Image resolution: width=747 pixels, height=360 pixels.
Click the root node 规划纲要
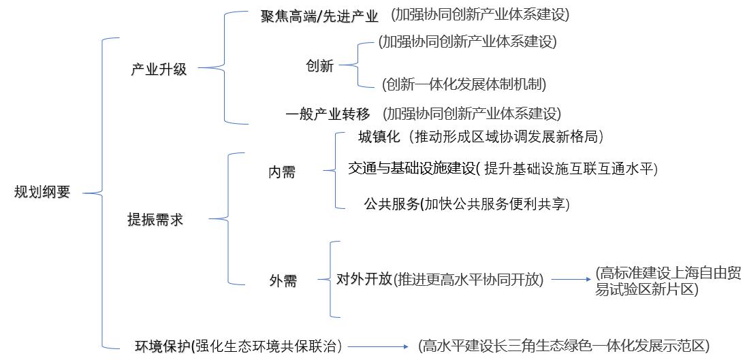(x=42, y=193)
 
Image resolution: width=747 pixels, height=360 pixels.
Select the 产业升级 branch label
(x=159, y=69)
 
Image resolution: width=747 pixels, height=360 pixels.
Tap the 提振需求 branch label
(x=155, y=220)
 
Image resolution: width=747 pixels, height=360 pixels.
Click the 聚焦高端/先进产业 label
(x=319, y=16)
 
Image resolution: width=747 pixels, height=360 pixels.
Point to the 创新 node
(x=320, y=66)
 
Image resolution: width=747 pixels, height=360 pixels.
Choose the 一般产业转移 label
(x=328, y=114)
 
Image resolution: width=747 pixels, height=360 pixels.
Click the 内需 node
(x=282, y=172)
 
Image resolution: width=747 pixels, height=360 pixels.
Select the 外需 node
(x=283, y=280)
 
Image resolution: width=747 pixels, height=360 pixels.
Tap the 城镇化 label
(x=379, y=137)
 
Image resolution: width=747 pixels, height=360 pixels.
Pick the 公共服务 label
(x=391, y=203)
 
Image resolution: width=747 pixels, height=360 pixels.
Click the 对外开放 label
(x=364, y=279)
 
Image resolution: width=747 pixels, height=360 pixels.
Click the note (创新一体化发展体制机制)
(x=464, y=84)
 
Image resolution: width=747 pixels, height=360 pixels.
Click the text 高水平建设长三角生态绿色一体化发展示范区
(x=564, y=346)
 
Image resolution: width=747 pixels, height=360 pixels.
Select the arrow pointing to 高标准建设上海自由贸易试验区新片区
(x=571, y=279)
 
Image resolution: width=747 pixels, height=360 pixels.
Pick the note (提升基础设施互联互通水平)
(x=570, y=169)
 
